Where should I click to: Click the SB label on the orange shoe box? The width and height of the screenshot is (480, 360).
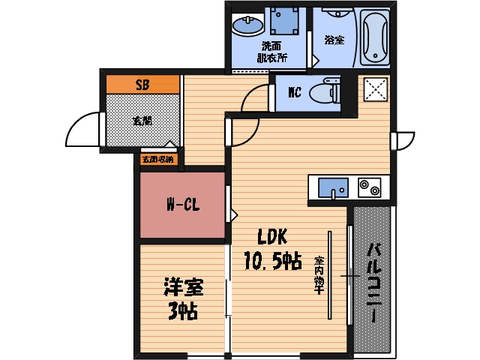142,85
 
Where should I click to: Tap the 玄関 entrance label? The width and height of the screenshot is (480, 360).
142,119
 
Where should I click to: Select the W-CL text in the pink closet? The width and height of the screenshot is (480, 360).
182,205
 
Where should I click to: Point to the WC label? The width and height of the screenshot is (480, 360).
295,93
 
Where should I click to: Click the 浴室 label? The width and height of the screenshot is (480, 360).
334,39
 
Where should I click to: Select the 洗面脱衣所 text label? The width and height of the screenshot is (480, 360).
271,50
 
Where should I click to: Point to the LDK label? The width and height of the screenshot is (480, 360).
273,238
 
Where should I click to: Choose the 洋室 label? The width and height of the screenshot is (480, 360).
183,287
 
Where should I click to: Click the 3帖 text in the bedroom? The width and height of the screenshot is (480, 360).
181,310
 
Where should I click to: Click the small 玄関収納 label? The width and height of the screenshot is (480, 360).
157,159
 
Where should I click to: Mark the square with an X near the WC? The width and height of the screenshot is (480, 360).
374,89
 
